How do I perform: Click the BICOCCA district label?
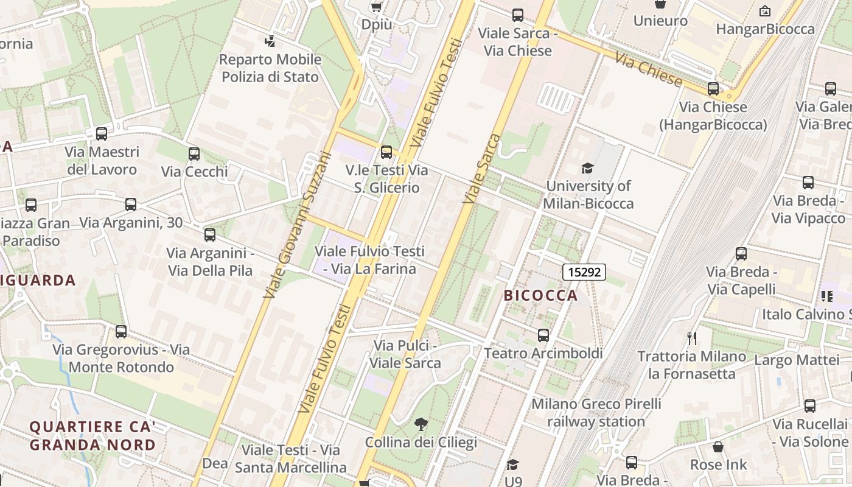[540, 295]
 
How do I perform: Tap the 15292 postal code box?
[584, 272]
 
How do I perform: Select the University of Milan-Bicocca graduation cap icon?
[587, 168]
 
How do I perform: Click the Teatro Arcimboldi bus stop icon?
[543, 335]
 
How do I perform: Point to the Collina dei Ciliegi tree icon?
[421, 424]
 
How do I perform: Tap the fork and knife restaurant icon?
[691, 338]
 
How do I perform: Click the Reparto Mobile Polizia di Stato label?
[270, 68]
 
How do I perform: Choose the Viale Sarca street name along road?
[481, 169]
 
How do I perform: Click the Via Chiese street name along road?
[648, 69]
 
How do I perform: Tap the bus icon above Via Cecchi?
[194, 154]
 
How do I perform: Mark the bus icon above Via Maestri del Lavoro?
[102, 134]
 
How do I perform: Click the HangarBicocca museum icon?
[765, 11]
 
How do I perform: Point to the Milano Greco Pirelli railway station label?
[596, 413]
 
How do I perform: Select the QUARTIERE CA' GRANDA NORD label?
[93, 436]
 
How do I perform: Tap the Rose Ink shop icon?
[718, 447]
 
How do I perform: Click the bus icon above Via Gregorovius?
[121, 332]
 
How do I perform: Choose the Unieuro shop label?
[660, 21]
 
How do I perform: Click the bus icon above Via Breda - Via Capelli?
[741, 254]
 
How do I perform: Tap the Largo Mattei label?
[797, 360]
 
